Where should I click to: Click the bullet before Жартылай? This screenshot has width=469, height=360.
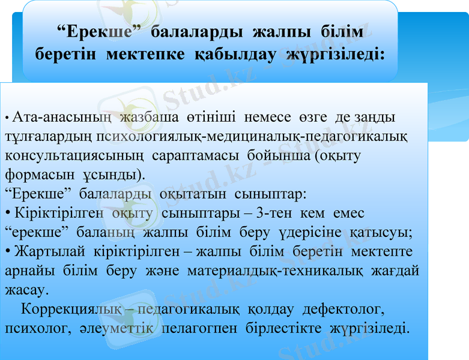coord(7,252)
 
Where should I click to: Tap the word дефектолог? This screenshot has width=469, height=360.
coord(343,310)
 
